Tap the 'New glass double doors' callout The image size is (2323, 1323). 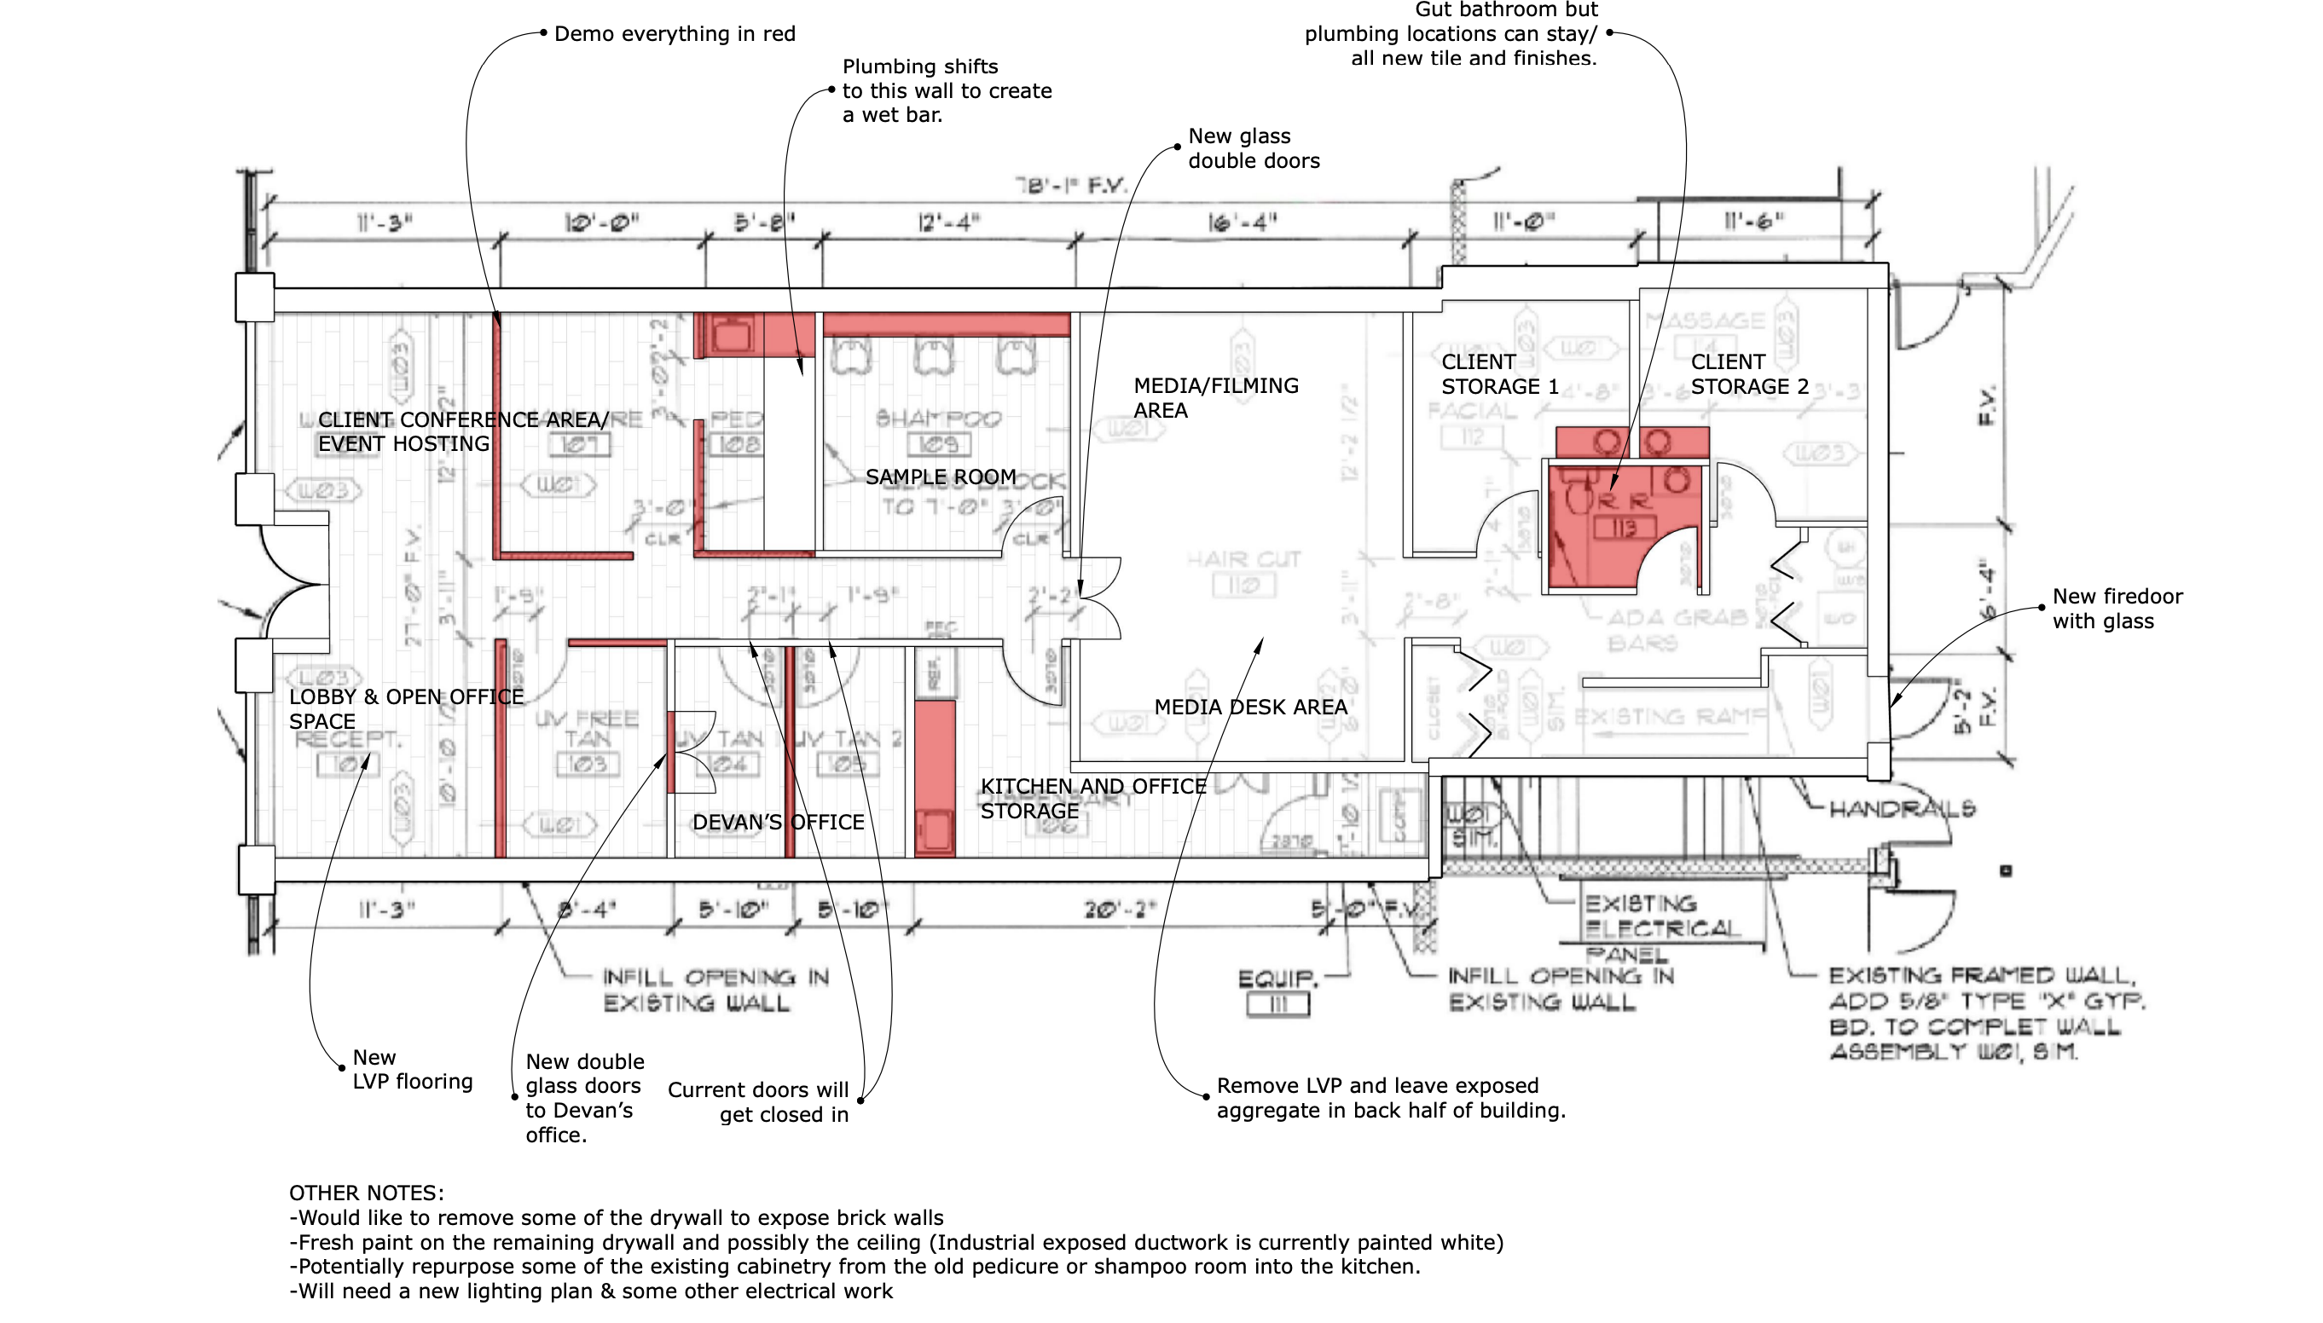pos(1254,148)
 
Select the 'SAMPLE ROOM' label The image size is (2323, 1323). pos(940,477)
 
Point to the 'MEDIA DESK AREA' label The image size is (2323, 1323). pos(1249,707)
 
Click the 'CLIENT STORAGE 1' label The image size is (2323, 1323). pos(1499,374)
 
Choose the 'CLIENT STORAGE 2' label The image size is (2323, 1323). pos(1748,374)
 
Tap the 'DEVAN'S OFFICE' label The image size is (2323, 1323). pos(778,823)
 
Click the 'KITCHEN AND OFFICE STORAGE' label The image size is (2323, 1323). pos(1092,799)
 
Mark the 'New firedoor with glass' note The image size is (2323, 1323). pos(2117,609)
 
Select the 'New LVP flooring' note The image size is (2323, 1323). pos(413,1070)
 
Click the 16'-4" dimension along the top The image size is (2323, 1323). pos(1243,222)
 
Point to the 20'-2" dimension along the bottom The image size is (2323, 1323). pos(1119,910)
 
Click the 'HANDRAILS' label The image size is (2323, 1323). pos(1902,809)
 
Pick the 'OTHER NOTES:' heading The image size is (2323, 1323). pos(366,1193)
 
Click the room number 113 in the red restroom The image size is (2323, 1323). pos(1623,528)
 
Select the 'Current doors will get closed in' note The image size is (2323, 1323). pos(758,1102)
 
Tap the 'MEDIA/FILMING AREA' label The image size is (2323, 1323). pos(1215,398)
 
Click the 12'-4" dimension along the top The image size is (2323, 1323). pos(949,222)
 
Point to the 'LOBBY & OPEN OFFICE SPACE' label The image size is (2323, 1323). pos(405,708)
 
